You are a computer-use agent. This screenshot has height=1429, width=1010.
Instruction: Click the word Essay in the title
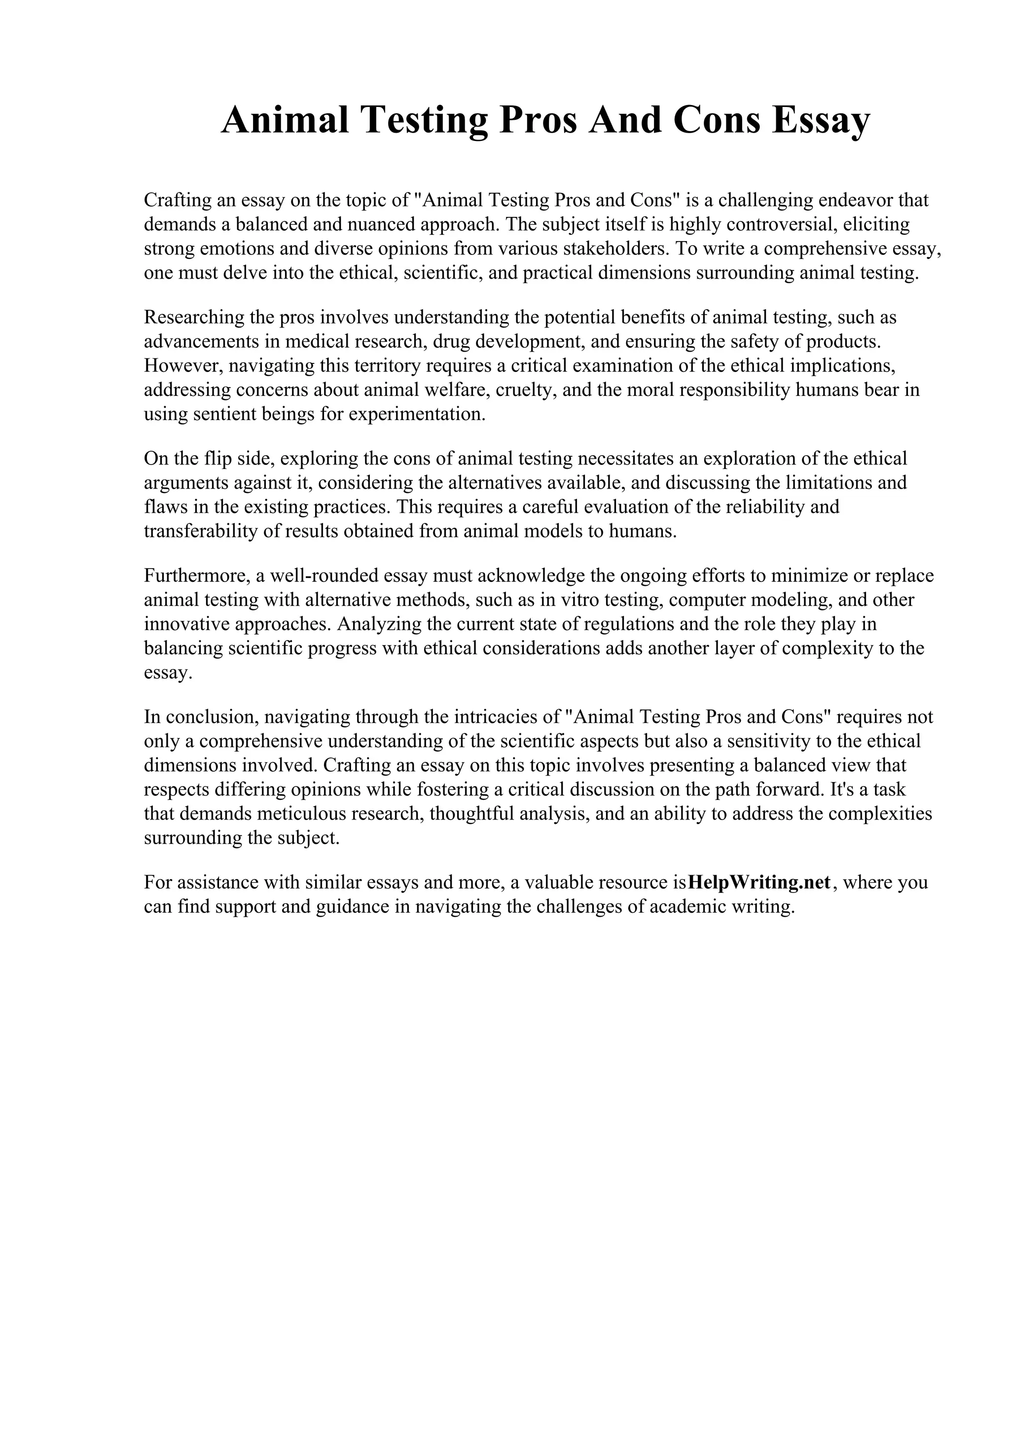820,120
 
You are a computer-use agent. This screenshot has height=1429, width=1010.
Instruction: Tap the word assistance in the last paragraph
214,883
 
